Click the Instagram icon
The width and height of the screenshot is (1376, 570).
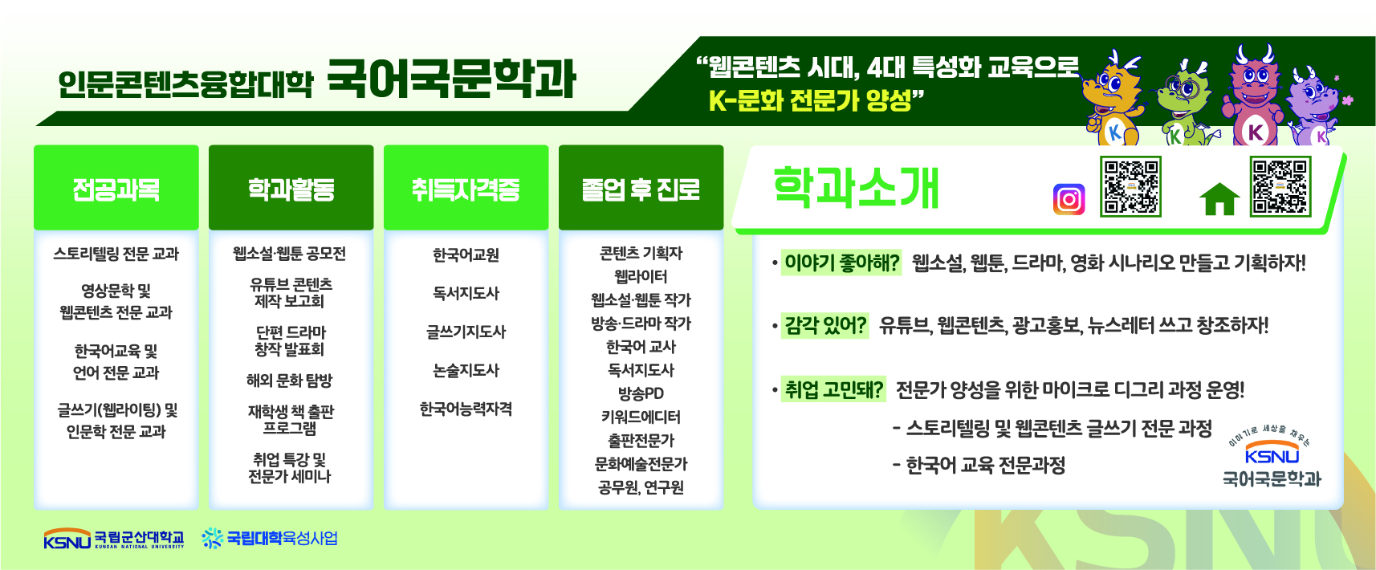1069,199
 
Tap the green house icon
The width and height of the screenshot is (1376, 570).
1219,199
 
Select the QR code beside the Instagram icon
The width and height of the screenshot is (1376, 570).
1130,186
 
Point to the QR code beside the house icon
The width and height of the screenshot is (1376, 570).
1280,186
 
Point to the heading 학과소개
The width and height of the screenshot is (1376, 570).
856,187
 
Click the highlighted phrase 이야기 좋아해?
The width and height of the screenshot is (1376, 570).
841,263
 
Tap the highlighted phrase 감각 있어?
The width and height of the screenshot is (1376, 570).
825,325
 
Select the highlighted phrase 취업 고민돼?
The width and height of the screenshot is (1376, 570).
833,389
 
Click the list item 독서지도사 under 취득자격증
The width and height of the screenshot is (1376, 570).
466,293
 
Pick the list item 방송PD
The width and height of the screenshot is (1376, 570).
641,393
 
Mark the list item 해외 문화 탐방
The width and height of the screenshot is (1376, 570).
289,381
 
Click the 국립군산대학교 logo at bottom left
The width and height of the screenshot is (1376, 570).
114,539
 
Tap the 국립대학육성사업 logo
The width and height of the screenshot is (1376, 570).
270,538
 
